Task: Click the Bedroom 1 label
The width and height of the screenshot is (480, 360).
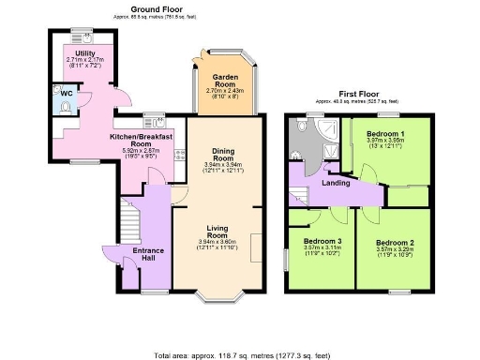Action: pos(385,134)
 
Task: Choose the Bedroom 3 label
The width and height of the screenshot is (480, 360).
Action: pos(322,241)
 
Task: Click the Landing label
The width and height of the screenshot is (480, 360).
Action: pos(336,184)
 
